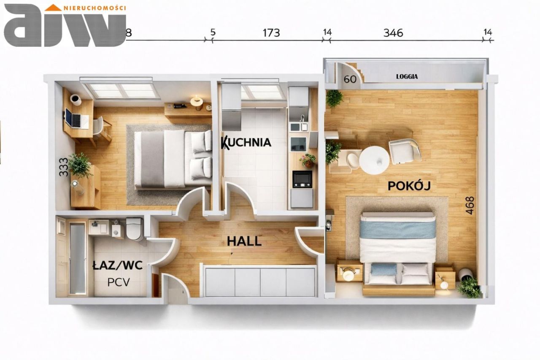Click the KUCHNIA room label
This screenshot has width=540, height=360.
(246, 142)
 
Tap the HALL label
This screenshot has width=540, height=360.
(244, 241)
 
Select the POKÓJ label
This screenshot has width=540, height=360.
(409, 186)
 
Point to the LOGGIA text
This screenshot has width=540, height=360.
(407, 77)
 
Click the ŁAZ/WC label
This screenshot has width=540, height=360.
(117, 265)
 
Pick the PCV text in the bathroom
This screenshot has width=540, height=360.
(119, 282)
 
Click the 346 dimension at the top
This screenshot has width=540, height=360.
(393, 33)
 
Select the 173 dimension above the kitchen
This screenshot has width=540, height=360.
(271, 33)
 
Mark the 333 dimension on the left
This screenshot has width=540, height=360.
(64, 167)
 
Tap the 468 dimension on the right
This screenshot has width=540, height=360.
(470, 206)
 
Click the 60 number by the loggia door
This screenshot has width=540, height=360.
(350, 79)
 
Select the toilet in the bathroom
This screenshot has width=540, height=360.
(134, 229)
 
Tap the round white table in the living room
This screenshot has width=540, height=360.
(374, 160)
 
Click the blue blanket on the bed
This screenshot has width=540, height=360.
(398, 230)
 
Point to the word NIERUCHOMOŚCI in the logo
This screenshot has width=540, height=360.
(94, 8)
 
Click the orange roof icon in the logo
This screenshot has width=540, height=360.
(53, 8)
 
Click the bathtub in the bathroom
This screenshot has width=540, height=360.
(78, 258)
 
